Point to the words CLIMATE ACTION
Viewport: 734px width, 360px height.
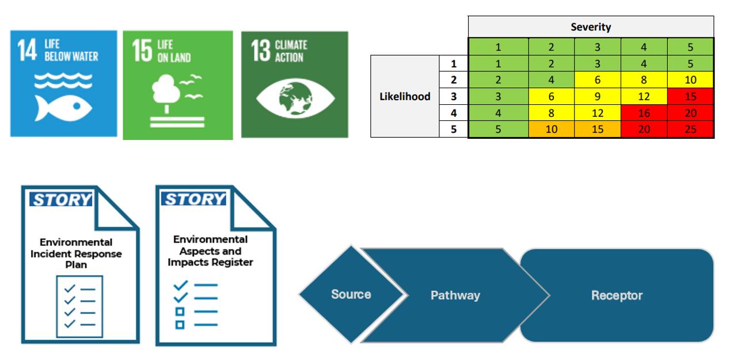pyautogui.click(x=291, y=51)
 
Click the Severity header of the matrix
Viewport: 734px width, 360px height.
pyautogui.click(x=591, y=27)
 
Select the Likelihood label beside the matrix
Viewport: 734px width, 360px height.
pyautogui.click(x=405, y=96)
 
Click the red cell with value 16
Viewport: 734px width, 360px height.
pyautogui.click(x=644, y=113)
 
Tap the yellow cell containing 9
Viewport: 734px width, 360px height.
pyautogui.click(x=598, y=96)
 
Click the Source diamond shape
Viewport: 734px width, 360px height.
pyautogui.click(x=350, y=294)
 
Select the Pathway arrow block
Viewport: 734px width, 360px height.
pyautogui.click(x=455, y=295)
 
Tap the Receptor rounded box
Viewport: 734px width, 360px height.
pyautogui.click(x=617, y=295)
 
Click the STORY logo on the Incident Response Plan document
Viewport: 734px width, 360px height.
pyautogui.click(x=61, y=200)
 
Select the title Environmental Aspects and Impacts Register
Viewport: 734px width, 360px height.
pyautogui.click(x=210, y=251)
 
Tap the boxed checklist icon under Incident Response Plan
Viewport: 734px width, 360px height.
pyautogui.click(x=79, y=305)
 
